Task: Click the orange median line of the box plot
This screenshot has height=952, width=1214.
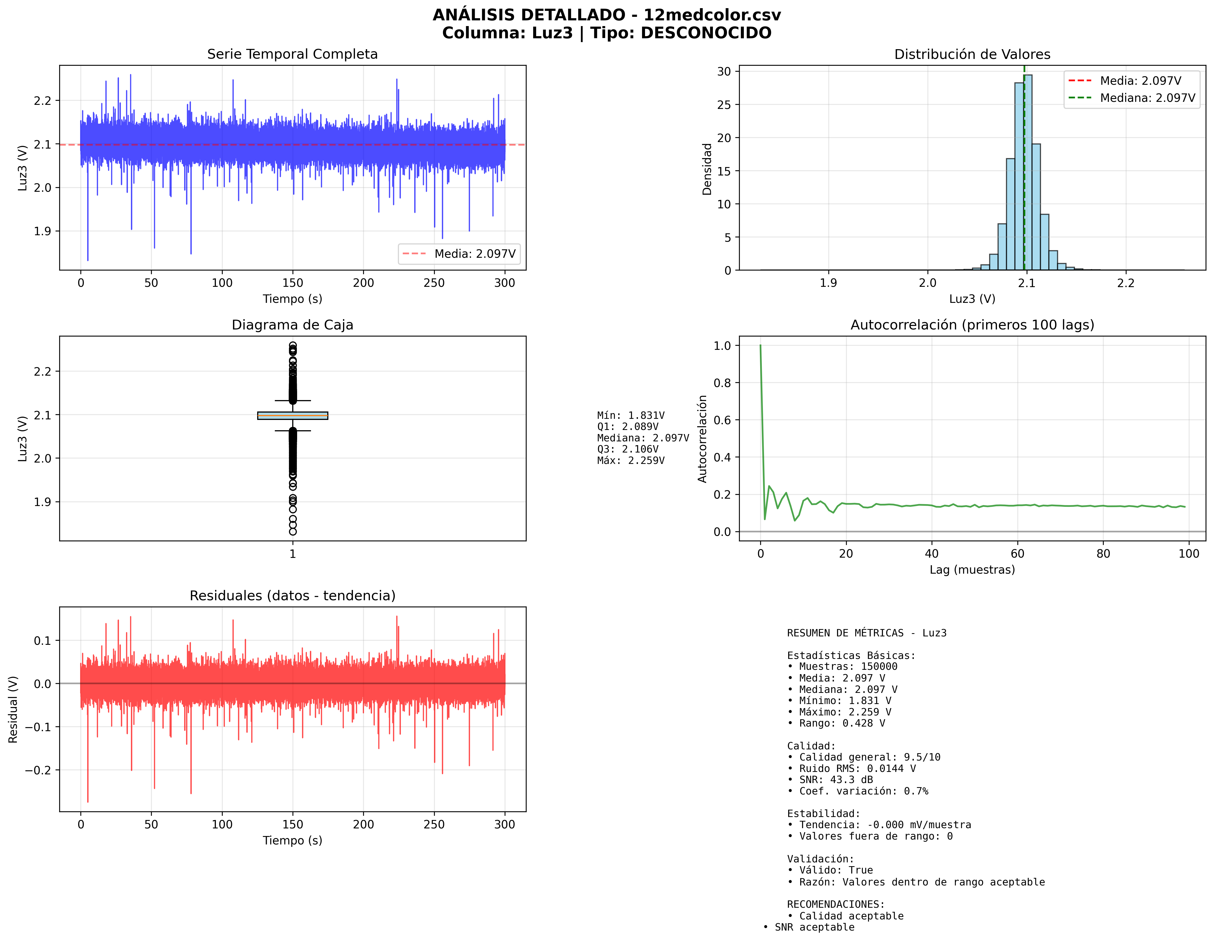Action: pos(293,415)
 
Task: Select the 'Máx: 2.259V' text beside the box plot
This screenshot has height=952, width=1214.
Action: pos(630,460)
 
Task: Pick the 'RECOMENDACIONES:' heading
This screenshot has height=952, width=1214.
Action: pos(835,904)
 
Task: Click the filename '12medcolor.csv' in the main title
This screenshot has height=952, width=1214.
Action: pos(712,15)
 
